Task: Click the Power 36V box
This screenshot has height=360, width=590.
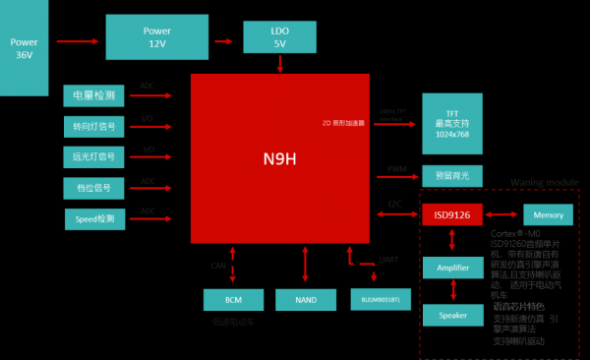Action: (24, 47)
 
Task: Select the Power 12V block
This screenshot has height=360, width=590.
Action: (149, 38)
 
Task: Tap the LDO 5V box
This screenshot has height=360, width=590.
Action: (280, 37)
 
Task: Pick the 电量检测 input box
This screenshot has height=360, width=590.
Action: (94, 95)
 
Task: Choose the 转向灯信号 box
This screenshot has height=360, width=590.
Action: (94, 126)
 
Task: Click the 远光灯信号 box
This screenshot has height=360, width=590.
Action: (94, 156)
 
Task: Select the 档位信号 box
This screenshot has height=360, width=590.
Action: (94, 187)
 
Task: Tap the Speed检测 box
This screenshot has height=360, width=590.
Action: (95, 217)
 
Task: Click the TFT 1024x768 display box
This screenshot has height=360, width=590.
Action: (452, 123)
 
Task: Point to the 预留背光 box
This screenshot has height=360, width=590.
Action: (452, 175)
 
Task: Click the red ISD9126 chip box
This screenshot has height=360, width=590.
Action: (452, 213)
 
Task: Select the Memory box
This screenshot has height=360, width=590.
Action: (548, 213)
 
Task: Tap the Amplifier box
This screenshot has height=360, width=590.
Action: (452, 267)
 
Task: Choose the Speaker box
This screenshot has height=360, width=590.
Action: (452, 315)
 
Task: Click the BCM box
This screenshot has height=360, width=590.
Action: (233, 299)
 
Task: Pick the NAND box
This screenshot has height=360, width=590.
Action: (305, 299)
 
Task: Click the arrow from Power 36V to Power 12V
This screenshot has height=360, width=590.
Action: (76, 41)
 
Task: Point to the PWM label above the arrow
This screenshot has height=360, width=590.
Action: (396, 169)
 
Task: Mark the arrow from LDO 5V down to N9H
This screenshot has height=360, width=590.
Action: (281, 63)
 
